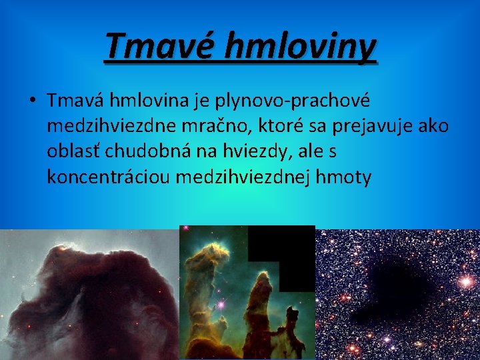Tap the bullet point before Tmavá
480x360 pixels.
tap(31, 101)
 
